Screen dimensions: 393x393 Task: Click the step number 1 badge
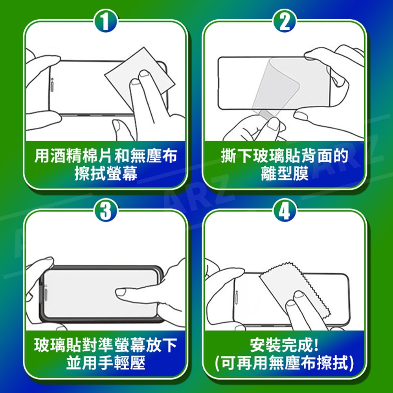[x=105, y=21]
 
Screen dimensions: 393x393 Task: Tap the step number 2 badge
[x=285, y=21]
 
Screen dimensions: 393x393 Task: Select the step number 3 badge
[x=105, y=211]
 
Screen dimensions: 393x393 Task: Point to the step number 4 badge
[x=285, y=211]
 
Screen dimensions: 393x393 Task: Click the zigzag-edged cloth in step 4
[x=296, y=291]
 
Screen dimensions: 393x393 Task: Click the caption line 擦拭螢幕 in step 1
[x=106, y=173]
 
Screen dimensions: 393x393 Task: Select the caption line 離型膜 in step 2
[x=285, y=173]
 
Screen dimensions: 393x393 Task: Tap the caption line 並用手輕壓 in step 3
[x=106, y=363]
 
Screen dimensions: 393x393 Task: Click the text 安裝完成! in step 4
[x=285, y=345]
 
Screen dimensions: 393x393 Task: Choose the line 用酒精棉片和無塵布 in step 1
[x=106, y=155]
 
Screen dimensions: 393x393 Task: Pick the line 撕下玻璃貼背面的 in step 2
[x=285, y=155]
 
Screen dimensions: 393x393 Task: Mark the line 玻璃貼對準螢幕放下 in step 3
[x=106, y=345]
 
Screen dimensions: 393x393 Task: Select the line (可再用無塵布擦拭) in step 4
[x=285, y=363]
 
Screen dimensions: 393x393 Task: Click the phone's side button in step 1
[x=52, y=85]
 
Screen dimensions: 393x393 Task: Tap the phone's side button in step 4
[x=237, y=298]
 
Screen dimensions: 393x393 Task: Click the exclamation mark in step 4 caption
[x=316, y=345]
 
